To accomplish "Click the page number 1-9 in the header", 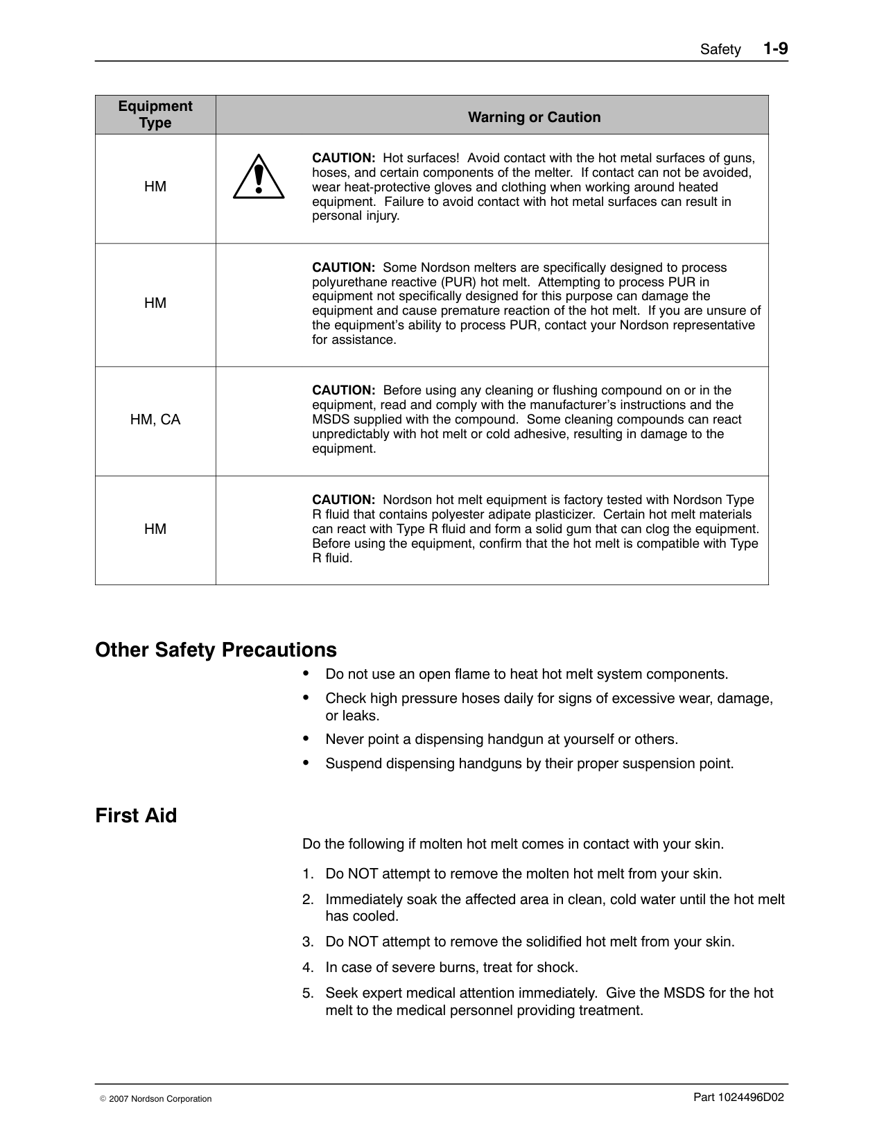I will [x=775, y=49].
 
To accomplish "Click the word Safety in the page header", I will [x=720, y=50].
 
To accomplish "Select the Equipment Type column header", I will [x=155, y=114].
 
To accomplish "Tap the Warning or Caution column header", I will [x=534, y=117].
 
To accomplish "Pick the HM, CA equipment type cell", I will [x=155, y=419].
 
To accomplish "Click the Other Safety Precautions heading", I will [x=216, y=650].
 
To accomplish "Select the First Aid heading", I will [x=136, y=815].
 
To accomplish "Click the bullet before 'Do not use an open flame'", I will [x=306, y=673].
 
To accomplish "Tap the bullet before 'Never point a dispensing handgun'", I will [x=306, y=738].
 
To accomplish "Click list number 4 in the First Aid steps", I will [x=308, y=967].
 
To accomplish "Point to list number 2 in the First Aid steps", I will [x=308, y=900].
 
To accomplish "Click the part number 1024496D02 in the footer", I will [x=738, y=1097].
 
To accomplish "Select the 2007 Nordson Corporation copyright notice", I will [x=156, y=1099].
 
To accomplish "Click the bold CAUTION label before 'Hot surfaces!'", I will [x=343, y=158].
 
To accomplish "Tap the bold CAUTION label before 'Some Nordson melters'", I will [x=343, y=268].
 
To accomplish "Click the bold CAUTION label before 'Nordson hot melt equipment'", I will [x=343, y=500].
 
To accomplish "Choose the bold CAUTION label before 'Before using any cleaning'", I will [x=343, y=390].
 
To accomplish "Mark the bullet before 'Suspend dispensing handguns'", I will [x=306, y=762].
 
